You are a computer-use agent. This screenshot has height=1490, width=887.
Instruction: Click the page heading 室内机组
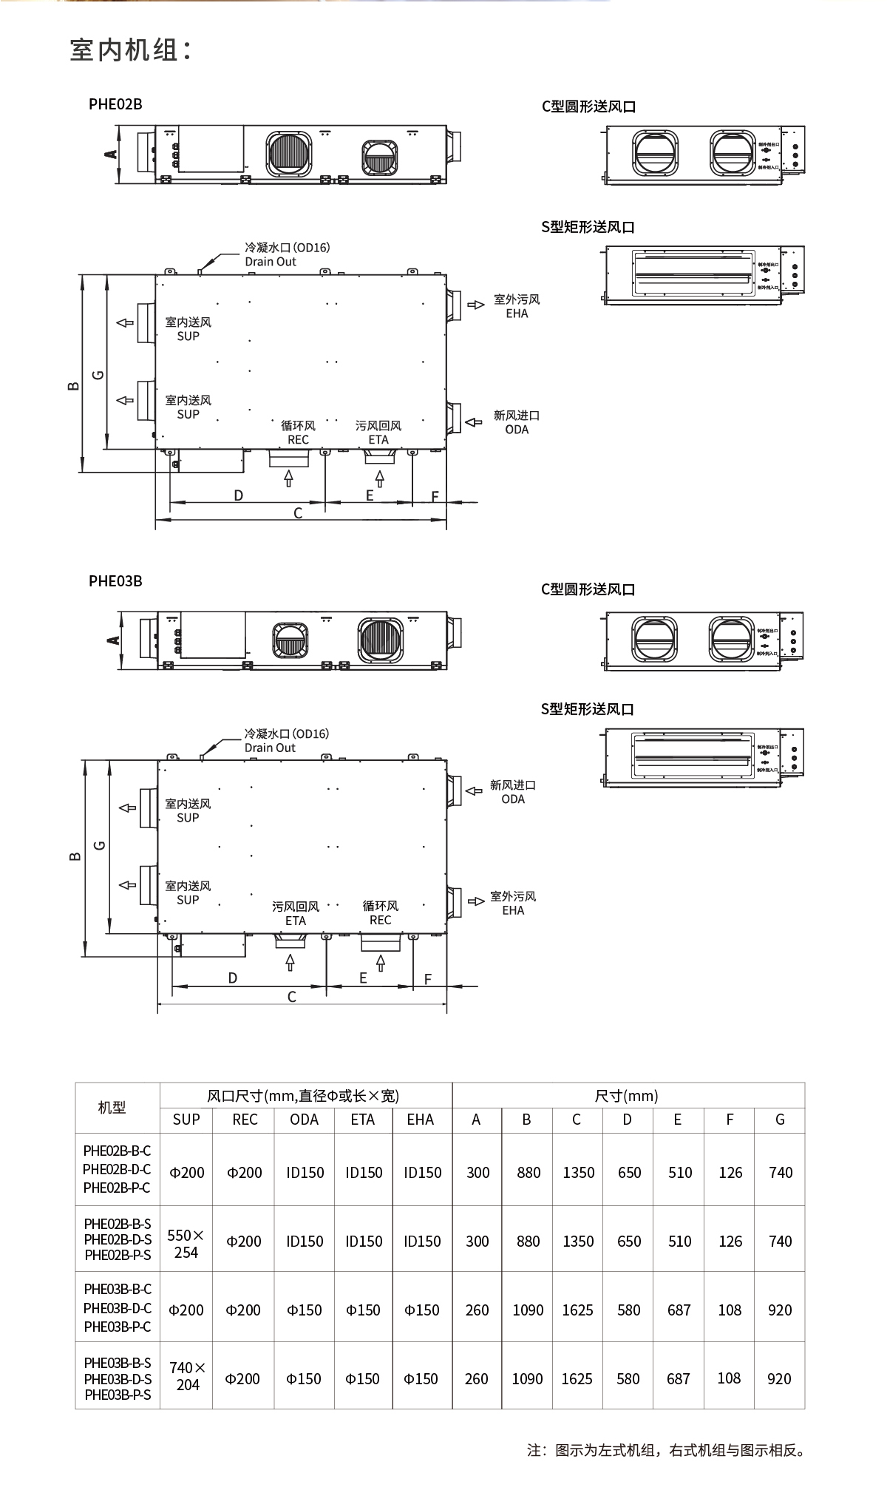pos(131,50)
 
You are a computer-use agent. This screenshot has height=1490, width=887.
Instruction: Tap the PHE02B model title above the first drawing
pos(115,104)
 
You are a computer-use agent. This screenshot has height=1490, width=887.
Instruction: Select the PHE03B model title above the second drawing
pos(115,580)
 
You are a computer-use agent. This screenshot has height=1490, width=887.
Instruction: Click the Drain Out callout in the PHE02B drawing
pos(271,262)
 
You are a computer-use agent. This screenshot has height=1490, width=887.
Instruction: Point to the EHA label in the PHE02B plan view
pos(517,313)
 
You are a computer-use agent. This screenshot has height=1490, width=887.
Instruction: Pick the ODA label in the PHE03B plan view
pos(512,799)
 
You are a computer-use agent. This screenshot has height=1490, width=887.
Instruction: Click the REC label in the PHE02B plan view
pos(298,439)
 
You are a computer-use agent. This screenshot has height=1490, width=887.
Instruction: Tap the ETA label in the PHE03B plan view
pos(296,921)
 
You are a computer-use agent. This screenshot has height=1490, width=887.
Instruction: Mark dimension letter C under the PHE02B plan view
pos(298,513)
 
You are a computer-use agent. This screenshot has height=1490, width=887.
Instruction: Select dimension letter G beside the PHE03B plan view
pos(101,845)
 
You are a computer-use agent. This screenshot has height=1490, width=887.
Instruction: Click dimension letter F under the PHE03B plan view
pos(428,979)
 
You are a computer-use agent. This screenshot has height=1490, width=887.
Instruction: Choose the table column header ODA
pos(304,1120)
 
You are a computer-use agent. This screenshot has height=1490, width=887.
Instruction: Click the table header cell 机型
pos(112,1107)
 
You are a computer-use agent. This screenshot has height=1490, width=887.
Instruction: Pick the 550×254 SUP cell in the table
pos(186,1244)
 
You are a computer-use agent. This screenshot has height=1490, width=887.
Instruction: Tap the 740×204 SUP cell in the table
pos(187,1375)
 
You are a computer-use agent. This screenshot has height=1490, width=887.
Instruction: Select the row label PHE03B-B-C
pos(118,1289)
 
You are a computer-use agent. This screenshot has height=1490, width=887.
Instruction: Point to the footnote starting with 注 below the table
pos(665,1450)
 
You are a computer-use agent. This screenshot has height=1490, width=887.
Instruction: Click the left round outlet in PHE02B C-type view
pos(656,153)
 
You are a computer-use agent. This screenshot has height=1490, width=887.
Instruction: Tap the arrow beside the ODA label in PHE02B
pos(474,422)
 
